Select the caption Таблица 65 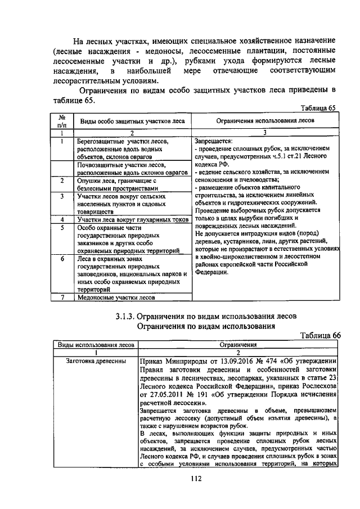click(x=318, y=108)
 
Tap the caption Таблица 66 click(x=321, y=335)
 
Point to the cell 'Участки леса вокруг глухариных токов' click(x=132, y=219)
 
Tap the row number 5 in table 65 click(x=63, y=227)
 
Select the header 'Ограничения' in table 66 click(x=238, y=344)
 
